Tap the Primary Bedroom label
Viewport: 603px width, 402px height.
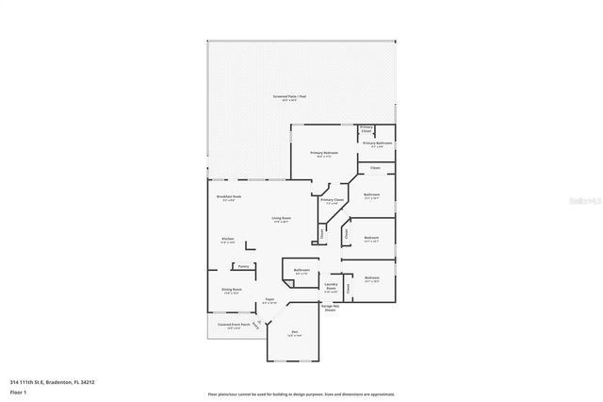(325, 152)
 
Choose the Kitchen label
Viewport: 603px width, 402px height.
(227, 239)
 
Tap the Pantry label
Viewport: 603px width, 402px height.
(244, 266)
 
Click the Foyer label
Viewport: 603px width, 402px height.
(269, 299)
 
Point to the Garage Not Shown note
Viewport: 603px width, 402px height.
(329, 308)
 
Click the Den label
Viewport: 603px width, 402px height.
(294, 332)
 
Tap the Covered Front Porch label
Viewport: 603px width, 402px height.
(234, 325)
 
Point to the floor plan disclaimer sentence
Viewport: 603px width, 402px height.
(301, 394)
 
